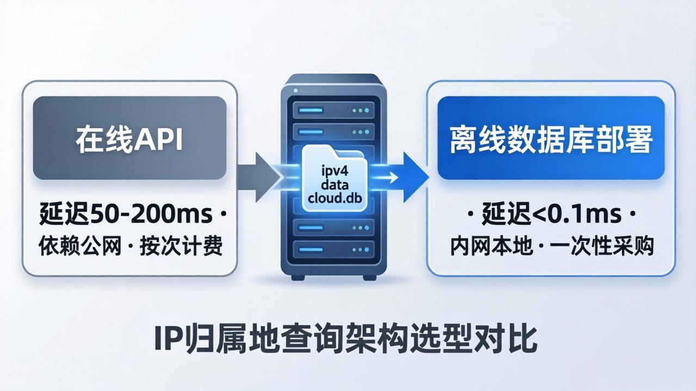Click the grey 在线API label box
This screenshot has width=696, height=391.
(129, 138)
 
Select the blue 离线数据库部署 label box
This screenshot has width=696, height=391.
(551, 138)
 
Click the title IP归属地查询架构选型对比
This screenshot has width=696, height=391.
(346, 340)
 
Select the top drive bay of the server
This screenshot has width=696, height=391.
(334, 110)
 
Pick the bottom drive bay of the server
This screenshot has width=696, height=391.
(334, 249)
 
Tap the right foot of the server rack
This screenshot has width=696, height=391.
(370, 278)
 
